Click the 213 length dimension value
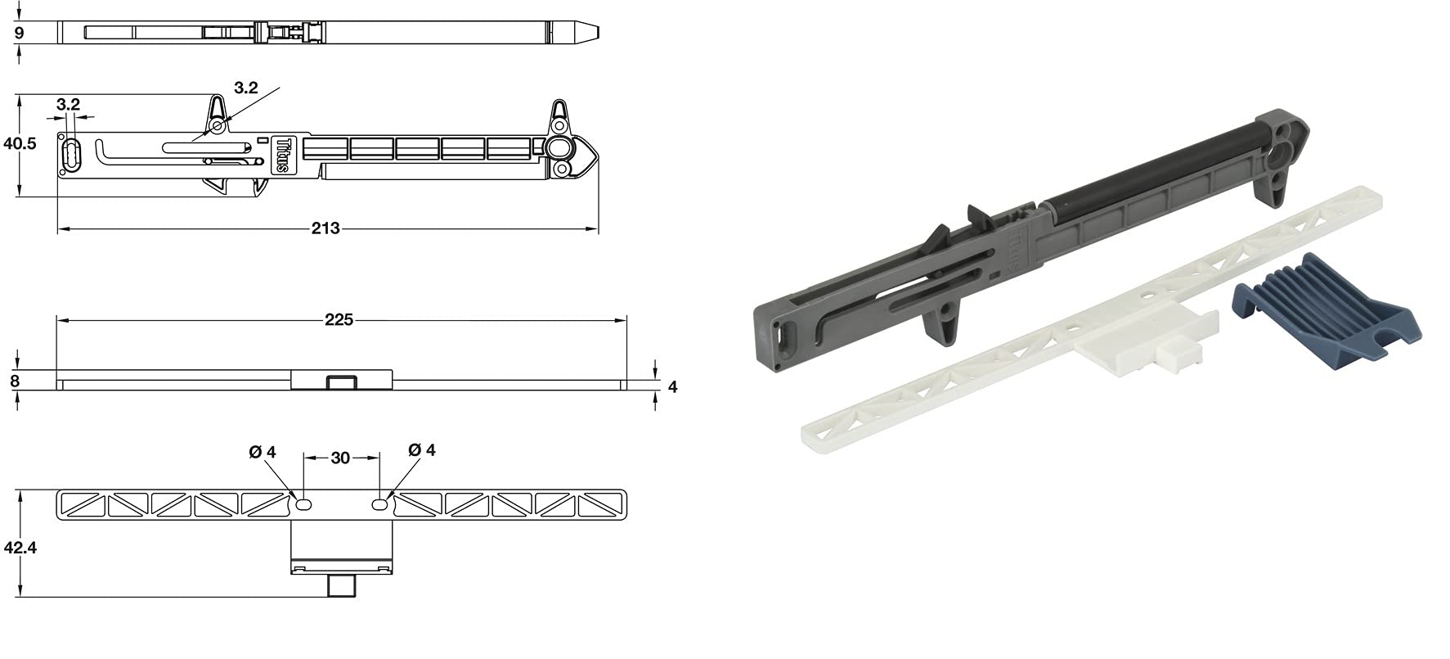(x=325, y=228)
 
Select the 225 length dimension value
(x=339, y=319)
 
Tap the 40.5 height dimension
(x=20, y=144)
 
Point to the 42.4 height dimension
(x=20, y=547)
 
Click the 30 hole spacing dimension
(x=340, y=458)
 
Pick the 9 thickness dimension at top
(x=19, y=34)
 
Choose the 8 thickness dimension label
(x=15, y=380)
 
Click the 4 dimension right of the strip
(x=672, y=386)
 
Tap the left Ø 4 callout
(x=263, y=451)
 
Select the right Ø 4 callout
(x=421, y=449)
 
